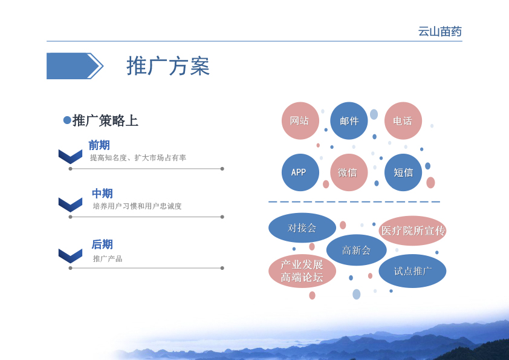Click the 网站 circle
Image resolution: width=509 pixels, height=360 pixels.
300,121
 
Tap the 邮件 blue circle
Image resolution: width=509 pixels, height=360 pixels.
349,121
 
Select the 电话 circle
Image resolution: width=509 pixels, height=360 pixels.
403,121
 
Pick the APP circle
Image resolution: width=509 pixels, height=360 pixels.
300,172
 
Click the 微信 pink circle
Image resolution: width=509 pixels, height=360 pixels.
349,172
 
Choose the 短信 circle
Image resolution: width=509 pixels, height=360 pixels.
403,172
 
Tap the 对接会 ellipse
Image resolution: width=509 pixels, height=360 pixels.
302,227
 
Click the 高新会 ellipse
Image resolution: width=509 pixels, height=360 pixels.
357,250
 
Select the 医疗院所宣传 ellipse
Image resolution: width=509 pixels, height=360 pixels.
413,231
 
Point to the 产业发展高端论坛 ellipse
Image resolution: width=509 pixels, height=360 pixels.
302,271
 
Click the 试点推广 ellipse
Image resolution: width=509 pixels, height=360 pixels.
413,271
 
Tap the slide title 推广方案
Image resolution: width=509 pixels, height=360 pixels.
168,66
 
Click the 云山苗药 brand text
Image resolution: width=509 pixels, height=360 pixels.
440,31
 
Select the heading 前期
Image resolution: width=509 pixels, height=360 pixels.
99,145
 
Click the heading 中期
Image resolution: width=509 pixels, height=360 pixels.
102,194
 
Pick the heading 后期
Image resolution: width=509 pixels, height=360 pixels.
102,244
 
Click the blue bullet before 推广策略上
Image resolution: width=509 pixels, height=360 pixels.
67,120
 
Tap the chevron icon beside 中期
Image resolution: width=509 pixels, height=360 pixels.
71,205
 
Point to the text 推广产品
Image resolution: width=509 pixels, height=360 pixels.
108,258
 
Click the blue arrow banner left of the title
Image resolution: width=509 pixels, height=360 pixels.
75,66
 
